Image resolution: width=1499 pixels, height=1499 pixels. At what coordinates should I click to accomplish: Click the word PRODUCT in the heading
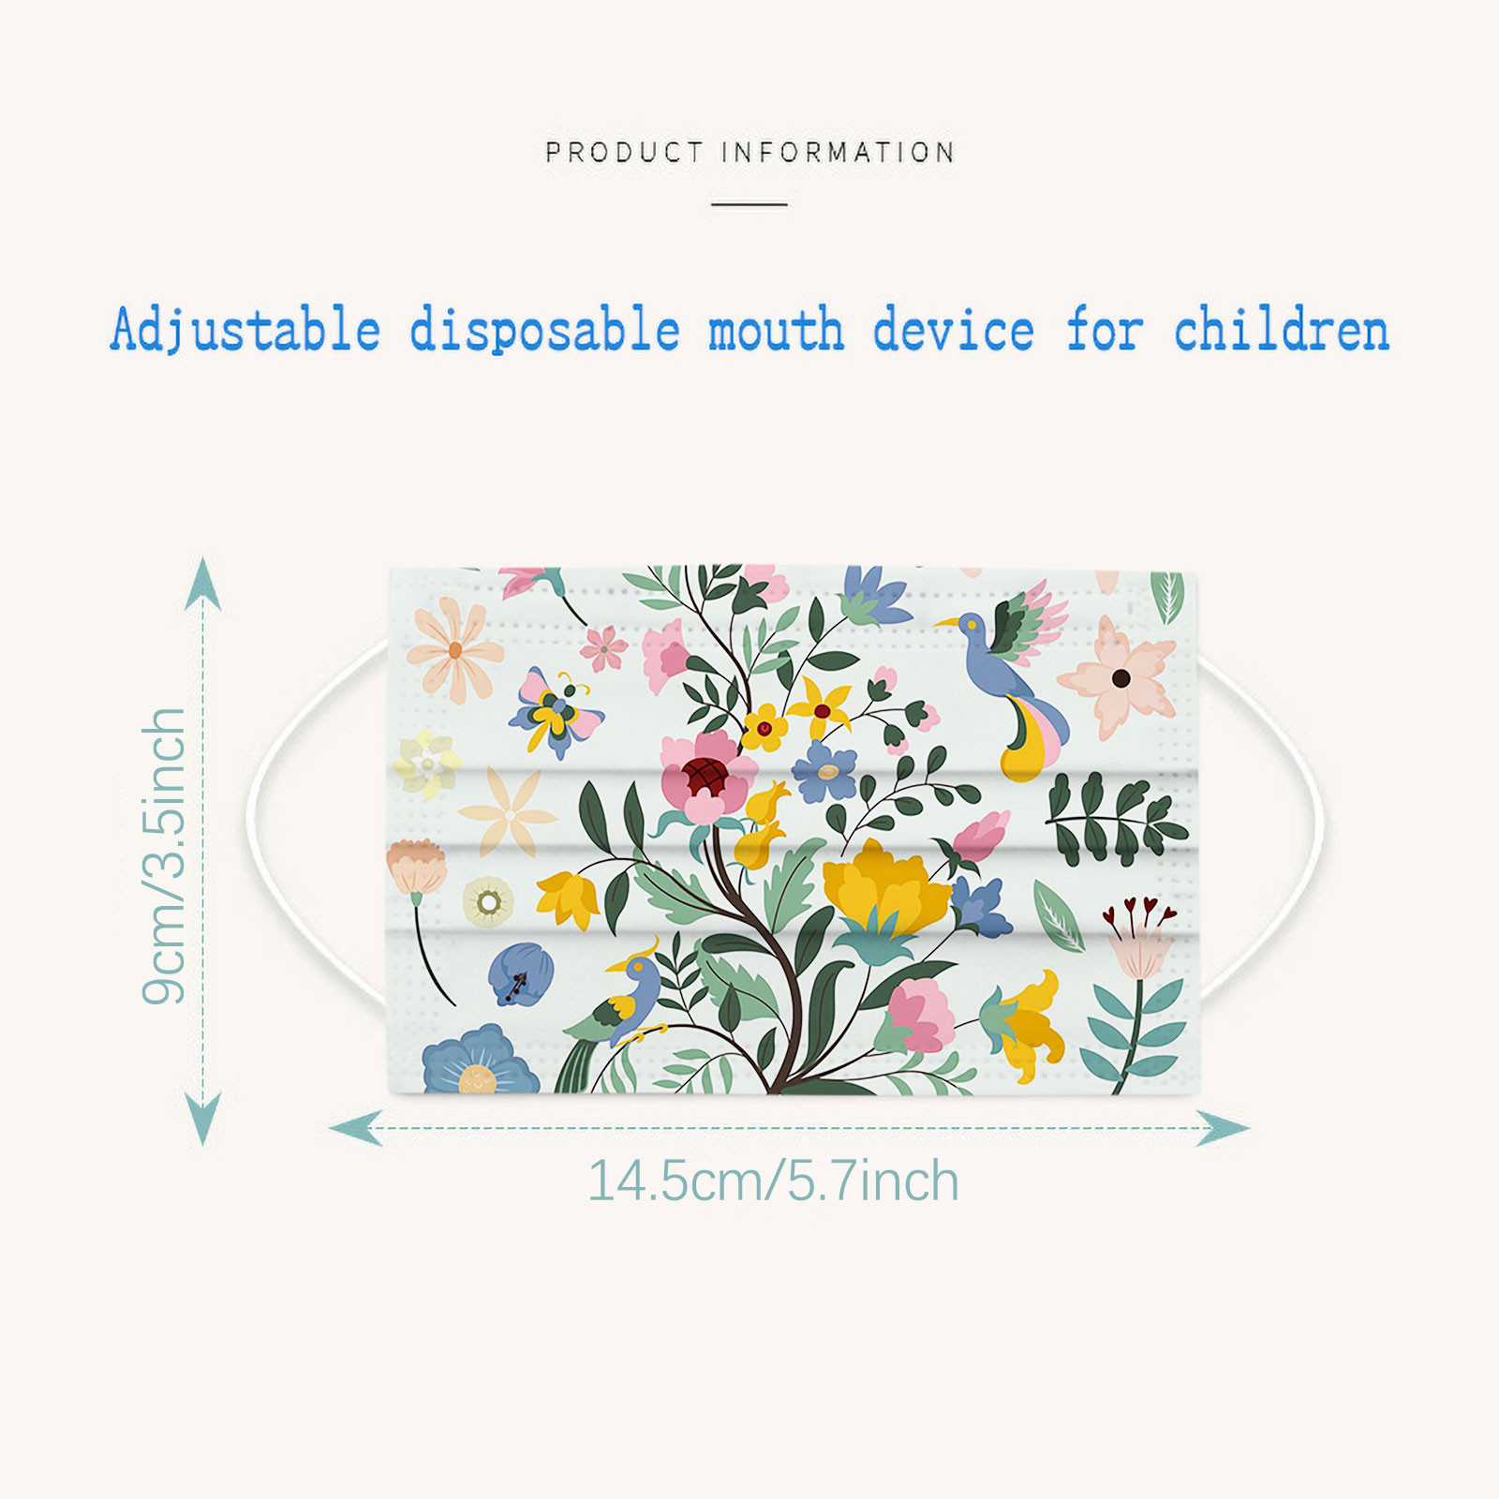[624, 152]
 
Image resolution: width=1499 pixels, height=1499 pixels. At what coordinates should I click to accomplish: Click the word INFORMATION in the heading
[839, 152]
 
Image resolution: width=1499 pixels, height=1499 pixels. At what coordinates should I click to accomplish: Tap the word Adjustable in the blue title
[245, 331]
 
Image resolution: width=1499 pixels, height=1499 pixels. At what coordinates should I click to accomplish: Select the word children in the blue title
[1282, 329]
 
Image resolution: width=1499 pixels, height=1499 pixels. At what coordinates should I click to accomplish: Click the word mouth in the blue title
[776, 330]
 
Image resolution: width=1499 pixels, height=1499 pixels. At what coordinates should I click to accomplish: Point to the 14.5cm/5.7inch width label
[773, 1180]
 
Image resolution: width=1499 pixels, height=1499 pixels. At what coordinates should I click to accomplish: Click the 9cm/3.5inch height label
[165, 856]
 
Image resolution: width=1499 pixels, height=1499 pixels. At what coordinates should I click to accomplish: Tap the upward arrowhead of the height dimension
[202, 583]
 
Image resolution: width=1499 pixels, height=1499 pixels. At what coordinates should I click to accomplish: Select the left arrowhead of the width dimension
[356, 1128]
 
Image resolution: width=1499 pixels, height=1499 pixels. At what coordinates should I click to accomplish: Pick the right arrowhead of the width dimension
[1224, 1128]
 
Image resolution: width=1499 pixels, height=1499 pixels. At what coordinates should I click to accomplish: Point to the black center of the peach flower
[1121, 677]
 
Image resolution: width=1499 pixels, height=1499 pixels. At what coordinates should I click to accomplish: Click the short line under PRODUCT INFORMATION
[749, 204]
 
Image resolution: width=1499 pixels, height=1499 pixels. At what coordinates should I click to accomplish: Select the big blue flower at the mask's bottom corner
[479, 1061]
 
